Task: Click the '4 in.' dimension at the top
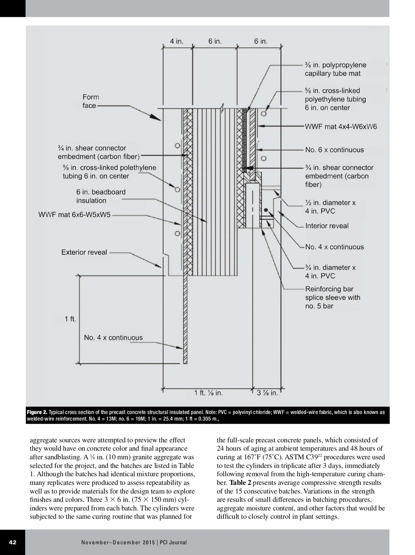176,41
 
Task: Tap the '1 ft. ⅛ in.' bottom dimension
208,393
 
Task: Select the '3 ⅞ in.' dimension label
267,393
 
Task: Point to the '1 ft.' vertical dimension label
70,319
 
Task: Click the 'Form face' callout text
91,101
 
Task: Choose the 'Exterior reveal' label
84,252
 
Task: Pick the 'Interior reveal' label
327,226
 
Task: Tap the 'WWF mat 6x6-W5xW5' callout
74,215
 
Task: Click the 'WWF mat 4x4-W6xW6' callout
341,126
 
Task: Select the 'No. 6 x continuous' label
334,150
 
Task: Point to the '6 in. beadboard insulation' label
101,196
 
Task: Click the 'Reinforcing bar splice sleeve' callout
332,297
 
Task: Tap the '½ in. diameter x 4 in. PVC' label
330,207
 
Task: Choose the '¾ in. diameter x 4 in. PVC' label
330,271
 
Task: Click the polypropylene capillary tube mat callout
335,69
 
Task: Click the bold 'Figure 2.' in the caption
37,412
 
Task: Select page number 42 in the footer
12,542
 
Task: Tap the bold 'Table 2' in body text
240,483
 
